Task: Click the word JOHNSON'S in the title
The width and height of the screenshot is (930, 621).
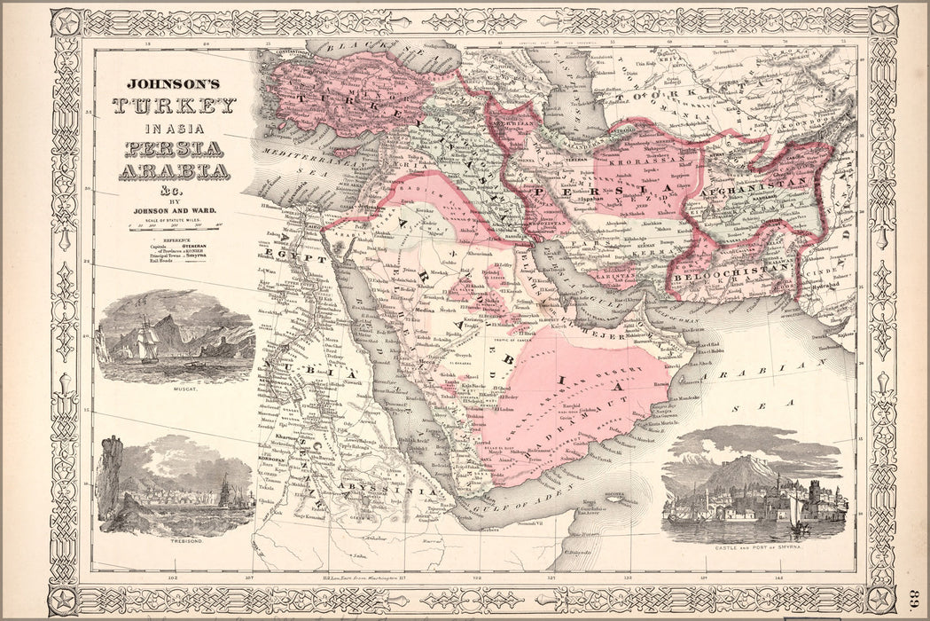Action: [173, 85]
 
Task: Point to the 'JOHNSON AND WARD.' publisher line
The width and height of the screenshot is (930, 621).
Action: [174, 210]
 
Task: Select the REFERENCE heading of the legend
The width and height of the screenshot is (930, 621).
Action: [173, 239]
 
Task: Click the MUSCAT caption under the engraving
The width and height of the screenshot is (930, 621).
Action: [175, 388]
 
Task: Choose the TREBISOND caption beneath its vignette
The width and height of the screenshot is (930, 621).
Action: [174, 539]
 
